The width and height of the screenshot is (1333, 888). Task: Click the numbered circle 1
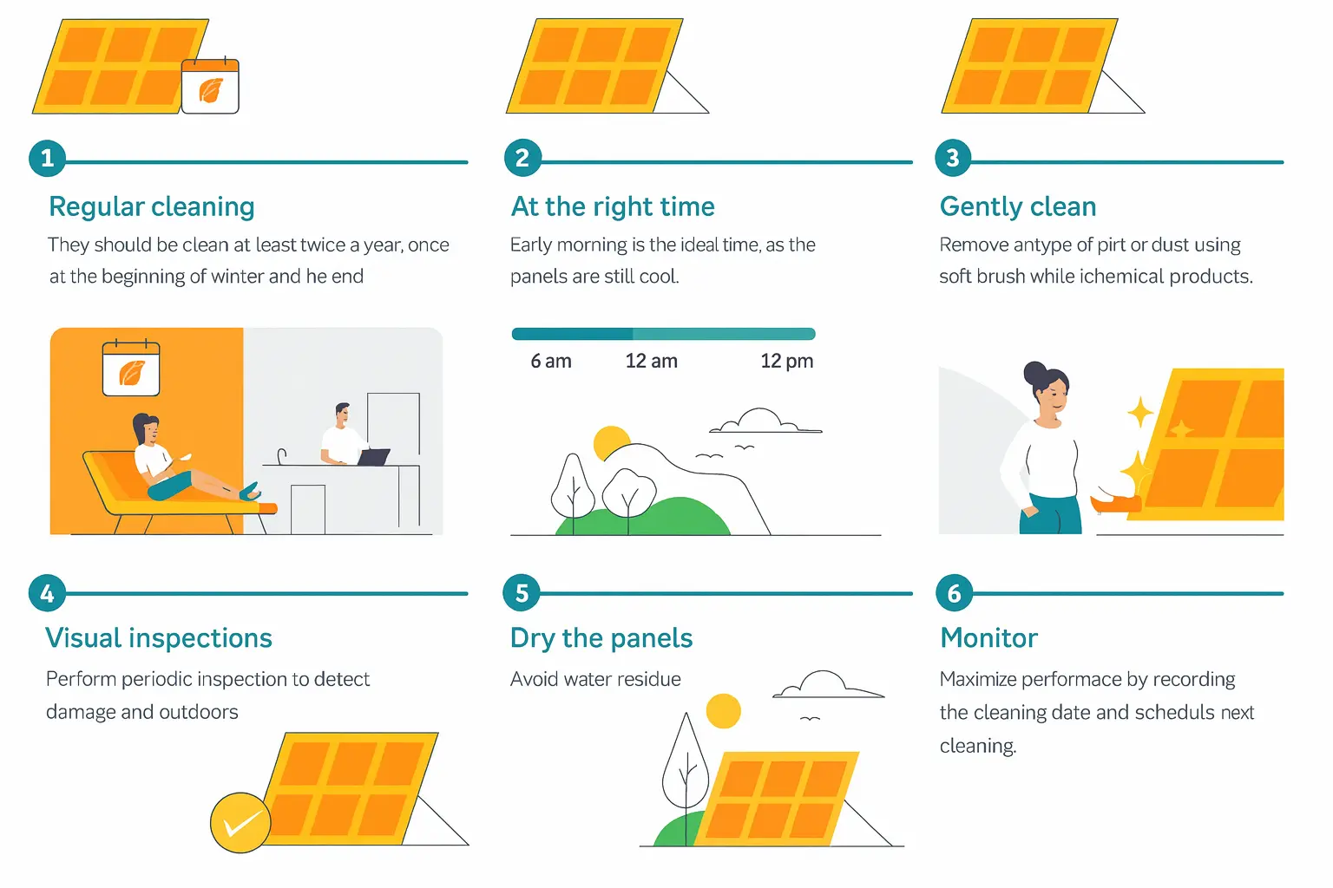(47, 158)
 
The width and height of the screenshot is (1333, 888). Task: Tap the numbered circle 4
(47, 593)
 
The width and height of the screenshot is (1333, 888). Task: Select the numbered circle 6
(954, 593)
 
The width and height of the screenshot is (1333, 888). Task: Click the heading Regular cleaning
(152, 206)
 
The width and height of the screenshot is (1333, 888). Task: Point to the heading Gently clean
(1018, 206)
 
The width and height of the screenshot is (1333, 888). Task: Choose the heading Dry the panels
(601, 638)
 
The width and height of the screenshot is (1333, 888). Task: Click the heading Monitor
(989, 638)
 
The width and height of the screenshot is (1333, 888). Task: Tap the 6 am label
(551, 361)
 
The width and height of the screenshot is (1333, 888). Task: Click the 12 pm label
(787, 361)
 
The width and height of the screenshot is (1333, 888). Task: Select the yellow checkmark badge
(240, 822)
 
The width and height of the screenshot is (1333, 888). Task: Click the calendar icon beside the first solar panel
(210, 86)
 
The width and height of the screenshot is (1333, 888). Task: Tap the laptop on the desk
(373, 456)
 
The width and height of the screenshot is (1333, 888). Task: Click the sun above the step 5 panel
(723, 711)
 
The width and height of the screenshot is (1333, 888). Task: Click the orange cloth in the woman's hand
(1116, 502)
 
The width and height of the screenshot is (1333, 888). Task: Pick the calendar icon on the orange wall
(131, 369)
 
